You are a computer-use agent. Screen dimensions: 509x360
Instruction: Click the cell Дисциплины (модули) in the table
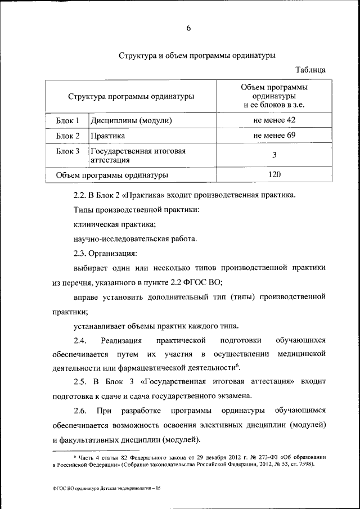pos(131,121)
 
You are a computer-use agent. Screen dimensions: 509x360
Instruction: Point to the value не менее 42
pos(274,120)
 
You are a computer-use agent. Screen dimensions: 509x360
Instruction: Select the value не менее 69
pos(274,136)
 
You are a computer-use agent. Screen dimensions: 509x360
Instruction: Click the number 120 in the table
pos(274,175)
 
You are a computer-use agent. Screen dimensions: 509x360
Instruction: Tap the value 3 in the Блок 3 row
pos(274,155)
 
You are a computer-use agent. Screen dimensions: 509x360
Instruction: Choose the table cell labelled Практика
pos(107,136)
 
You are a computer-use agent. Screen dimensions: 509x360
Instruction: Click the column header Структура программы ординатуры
pos(131,96)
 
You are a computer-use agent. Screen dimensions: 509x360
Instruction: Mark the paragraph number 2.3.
pos(79,254)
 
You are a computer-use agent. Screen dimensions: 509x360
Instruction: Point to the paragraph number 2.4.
pos(79,341)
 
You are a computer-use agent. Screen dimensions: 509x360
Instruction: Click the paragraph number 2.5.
pos(79,382)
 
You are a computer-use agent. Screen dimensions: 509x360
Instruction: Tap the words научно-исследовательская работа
pos(135,239)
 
